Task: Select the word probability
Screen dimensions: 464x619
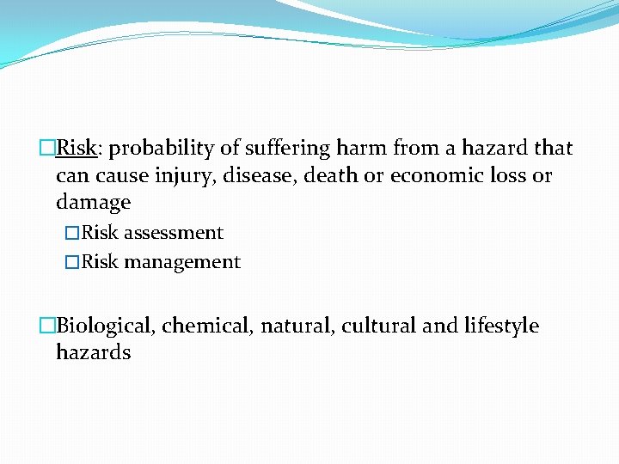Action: (161, 149)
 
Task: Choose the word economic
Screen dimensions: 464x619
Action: (430, 176)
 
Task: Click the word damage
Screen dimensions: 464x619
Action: (93, 203)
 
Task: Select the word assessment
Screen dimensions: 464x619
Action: (174, 233)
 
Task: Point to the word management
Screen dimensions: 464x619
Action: (182, 262)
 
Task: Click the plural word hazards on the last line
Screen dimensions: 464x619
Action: (93, 352)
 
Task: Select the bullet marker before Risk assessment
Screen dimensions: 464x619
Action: (72, 234)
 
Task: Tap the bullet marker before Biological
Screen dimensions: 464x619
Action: (47, 327)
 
